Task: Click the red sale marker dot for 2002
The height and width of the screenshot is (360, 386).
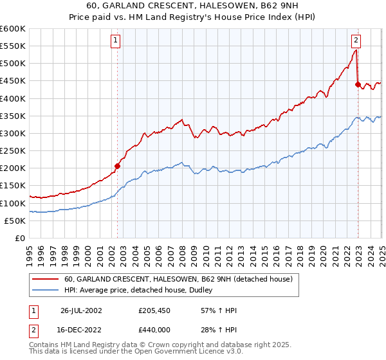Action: click(x=118, y=166)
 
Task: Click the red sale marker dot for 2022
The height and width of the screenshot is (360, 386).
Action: click(x=358, y=84)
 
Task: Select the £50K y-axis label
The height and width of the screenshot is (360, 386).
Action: click(x=15, y=221)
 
